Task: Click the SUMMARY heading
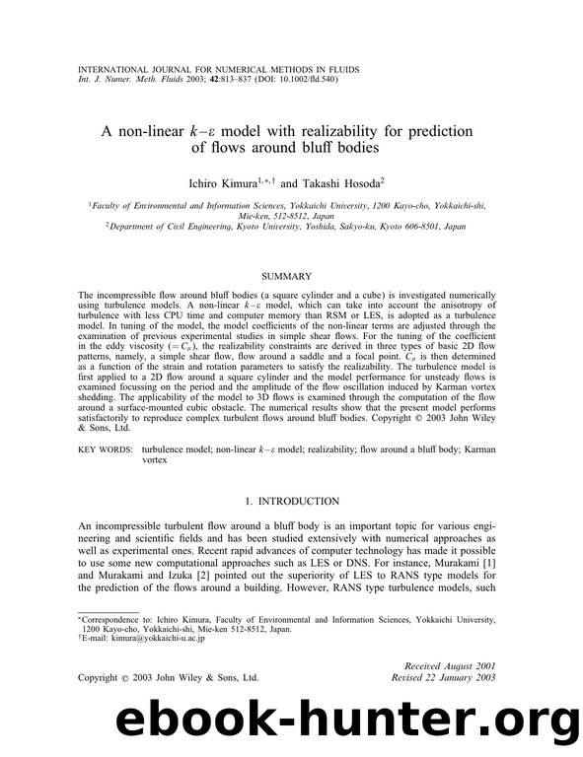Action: pos(291,277)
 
